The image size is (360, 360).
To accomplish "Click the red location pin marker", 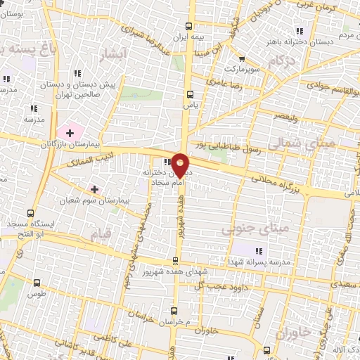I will (180, 163).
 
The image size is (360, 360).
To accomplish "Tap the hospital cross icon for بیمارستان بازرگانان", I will (70, 132).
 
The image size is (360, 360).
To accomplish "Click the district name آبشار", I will (113, 54).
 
